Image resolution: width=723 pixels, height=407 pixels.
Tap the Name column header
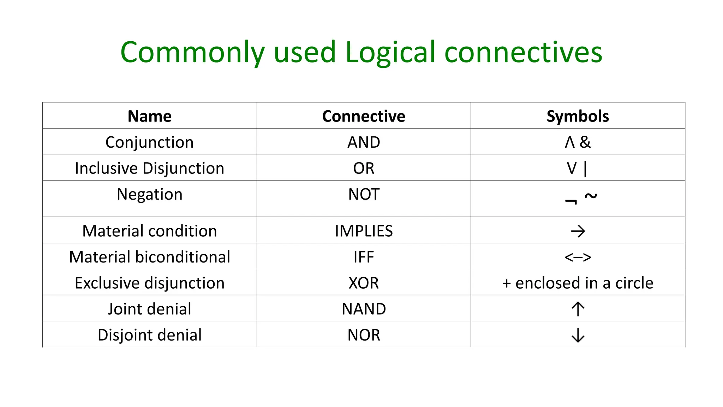point(149,116)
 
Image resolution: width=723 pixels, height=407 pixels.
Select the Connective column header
point(364,116)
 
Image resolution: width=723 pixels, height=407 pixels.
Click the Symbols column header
point(578,116)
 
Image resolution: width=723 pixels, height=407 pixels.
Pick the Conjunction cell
point(149,142)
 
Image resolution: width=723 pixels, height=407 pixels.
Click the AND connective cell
point(364,142)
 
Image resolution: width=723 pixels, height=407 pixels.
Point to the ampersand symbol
point(585,142)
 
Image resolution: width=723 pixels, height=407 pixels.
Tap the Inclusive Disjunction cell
point(149,168)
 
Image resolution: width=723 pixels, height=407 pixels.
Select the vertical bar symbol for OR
point(585,169)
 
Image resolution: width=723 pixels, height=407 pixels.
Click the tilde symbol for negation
point(591,195)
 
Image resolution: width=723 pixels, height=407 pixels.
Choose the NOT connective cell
point(364,194)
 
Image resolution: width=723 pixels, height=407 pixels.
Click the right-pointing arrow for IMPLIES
point(578,231)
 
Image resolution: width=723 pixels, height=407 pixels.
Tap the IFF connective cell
point(364,257)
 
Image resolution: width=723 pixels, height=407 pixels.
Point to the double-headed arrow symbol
point(578,257)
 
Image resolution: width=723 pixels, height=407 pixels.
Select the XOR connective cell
point(364,283)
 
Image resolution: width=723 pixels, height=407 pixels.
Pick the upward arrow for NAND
point(578,309)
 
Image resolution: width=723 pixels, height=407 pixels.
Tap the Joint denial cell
point(149,309)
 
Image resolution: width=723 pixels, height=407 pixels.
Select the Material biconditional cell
point(149,257)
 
